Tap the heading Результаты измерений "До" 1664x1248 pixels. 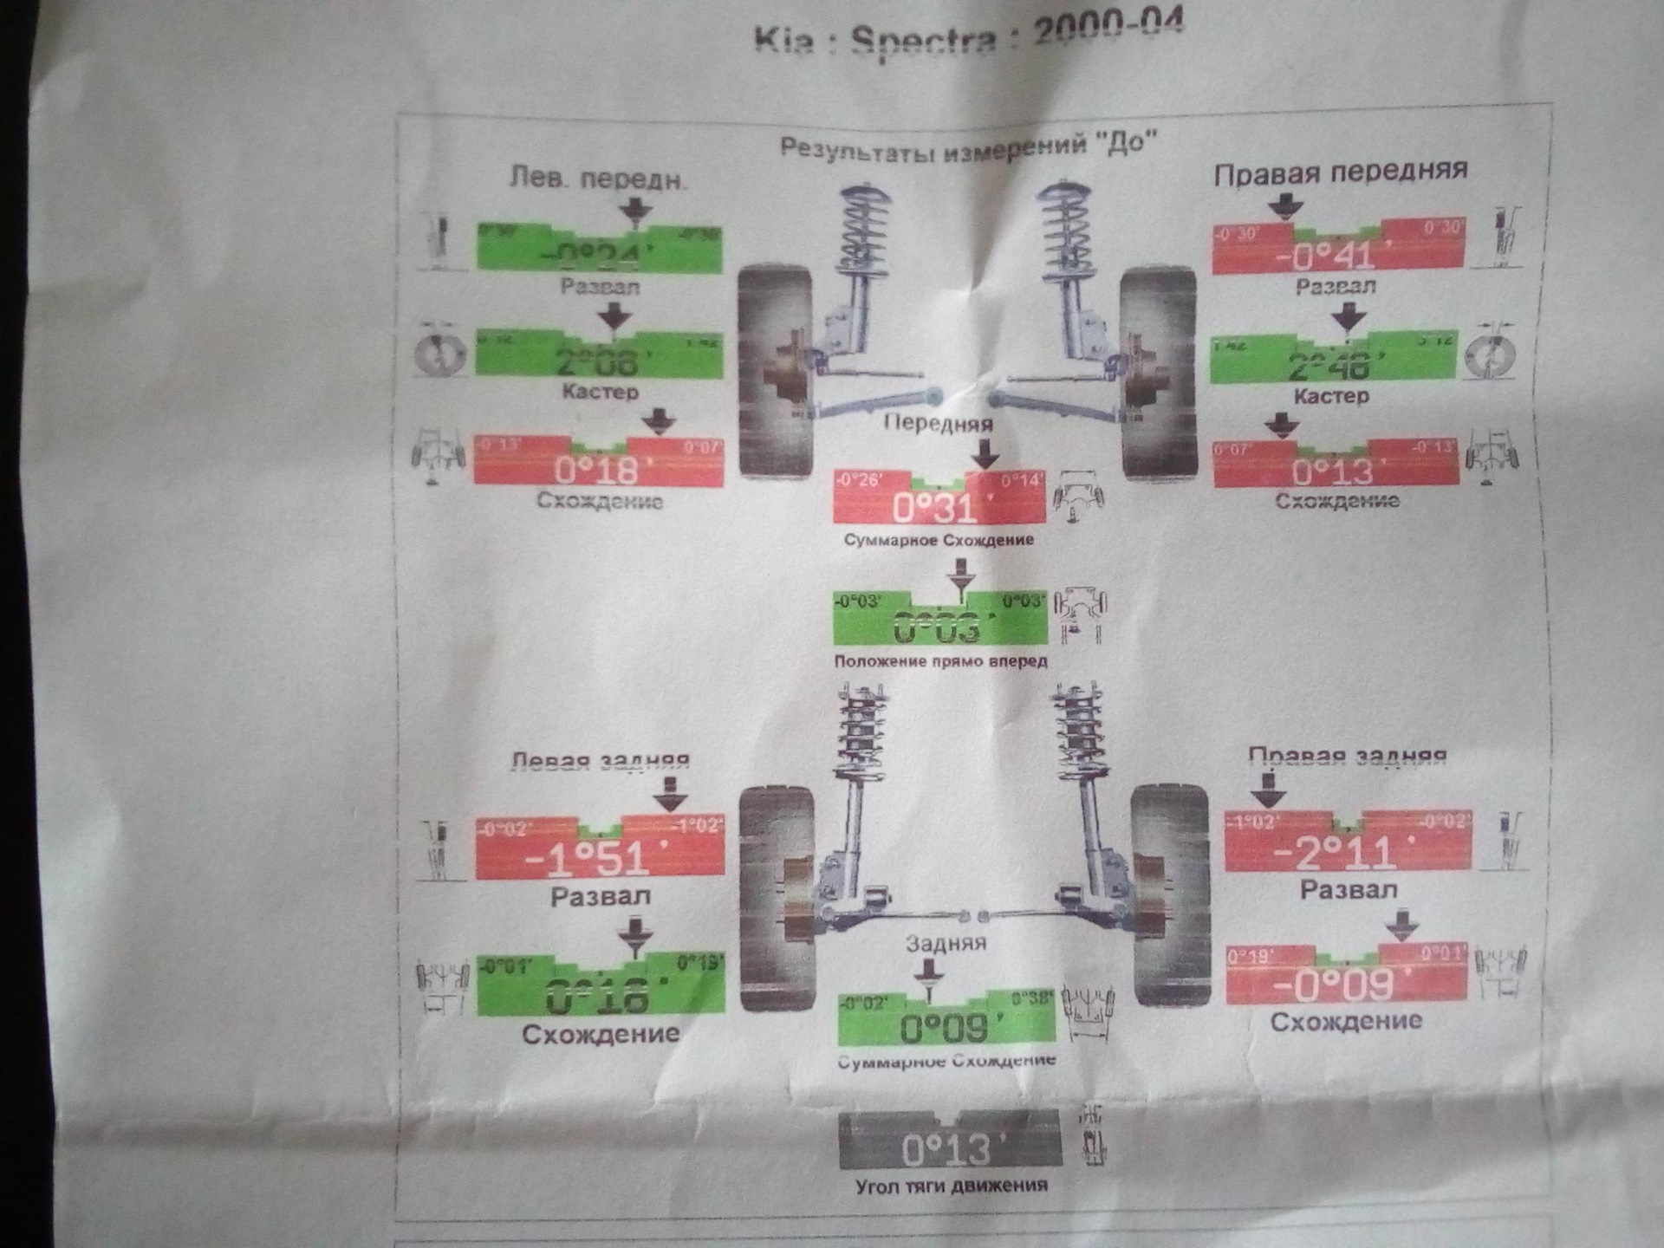point(968,145)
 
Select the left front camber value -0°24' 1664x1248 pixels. point(599,254)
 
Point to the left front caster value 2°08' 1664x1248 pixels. point(599,361)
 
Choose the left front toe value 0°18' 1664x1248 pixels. point(598,471)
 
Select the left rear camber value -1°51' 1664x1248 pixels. point(598,858)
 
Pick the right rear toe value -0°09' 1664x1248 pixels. point(1344,984)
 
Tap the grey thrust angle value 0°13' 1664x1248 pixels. point(948,1149)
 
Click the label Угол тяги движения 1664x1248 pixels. point(950,1185)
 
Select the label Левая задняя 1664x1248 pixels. point(600,761)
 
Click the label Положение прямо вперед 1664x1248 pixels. point(940,661)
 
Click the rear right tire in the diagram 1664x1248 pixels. point(1169,893)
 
